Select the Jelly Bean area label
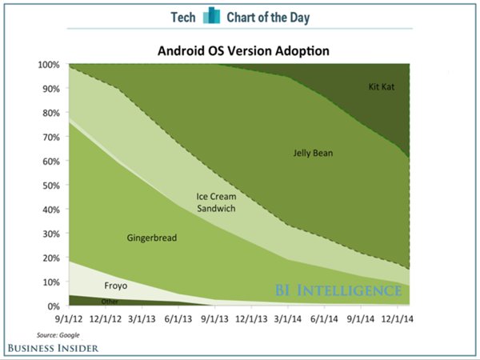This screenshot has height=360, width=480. pos(312,152)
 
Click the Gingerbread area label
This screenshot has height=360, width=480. pos(151,238)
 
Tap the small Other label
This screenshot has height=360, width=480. pos(110,302)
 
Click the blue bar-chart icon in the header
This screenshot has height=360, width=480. pos(211,16)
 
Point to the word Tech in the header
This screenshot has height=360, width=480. pos(185,17)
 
